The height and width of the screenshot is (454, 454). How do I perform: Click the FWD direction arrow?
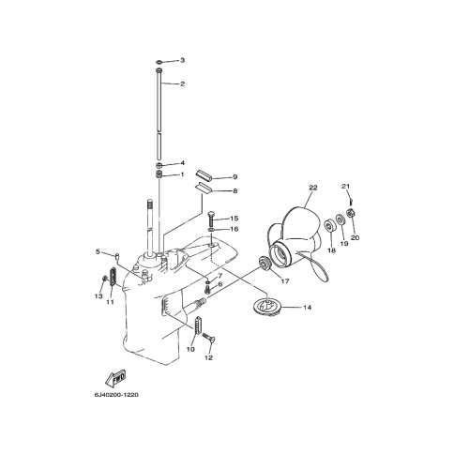point(115,378)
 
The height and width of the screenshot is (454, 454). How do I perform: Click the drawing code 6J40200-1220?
point(116,395)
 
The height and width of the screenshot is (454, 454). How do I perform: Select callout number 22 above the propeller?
point(313,188)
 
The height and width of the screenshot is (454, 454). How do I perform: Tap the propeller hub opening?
point(280,254)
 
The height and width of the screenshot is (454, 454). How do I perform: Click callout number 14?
point(308,308)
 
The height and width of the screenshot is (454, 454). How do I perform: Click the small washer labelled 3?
point(159,60)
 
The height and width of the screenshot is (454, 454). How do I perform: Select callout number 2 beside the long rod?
point(182,84)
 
